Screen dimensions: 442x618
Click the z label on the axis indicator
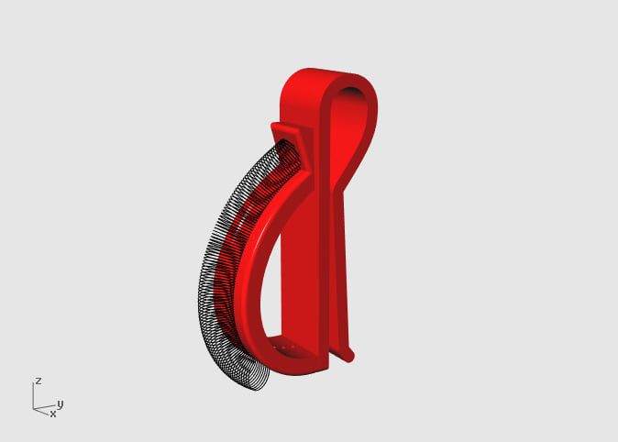pos(38,380)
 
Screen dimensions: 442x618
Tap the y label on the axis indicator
pos(60,403)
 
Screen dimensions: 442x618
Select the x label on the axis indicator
pos(52,414)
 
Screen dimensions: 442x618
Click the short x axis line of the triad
pos(41,411)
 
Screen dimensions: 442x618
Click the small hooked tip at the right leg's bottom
pos(350,352)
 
